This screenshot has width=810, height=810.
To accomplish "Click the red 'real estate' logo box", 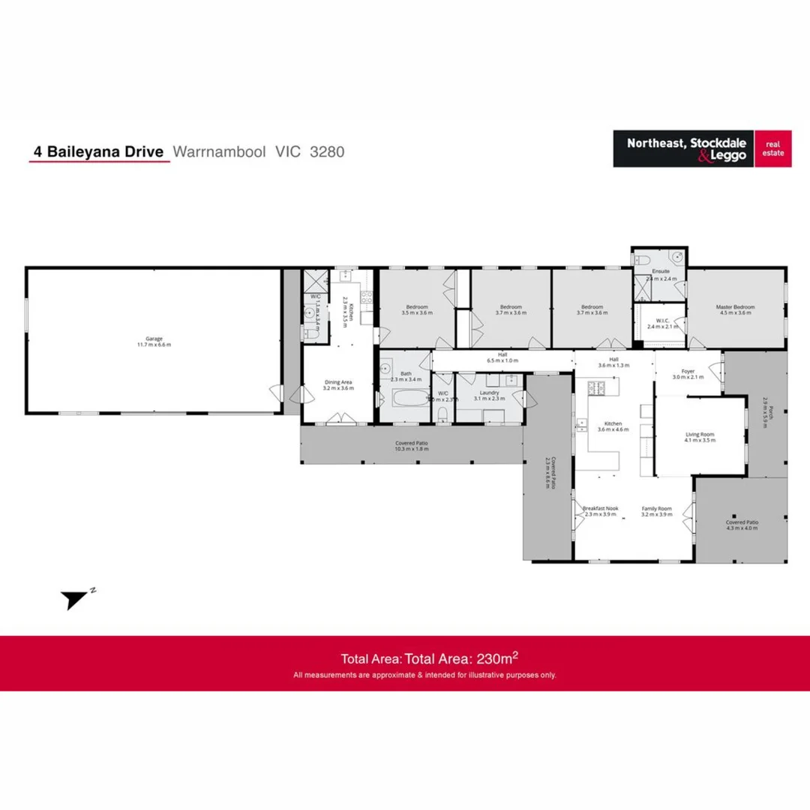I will coord(772,148).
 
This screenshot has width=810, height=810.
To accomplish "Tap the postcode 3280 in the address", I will coord(327,151).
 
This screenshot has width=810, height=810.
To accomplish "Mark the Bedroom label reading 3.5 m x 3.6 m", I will coord(417,310).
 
